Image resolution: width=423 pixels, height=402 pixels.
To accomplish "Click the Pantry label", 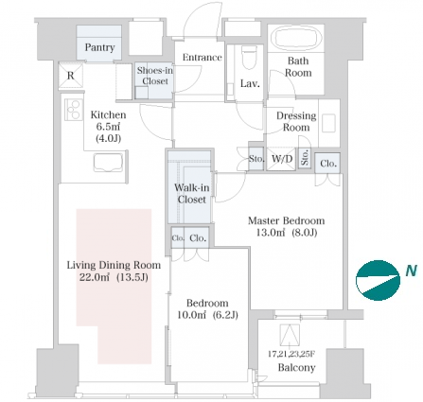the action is click(x=99, y=47).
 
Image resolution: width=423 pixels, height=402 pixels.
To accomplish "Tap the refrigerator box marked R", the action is click(x=71, y=75).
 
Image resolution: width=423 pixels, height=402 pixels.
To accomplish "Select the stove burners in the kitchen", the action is click(x=74, y=110).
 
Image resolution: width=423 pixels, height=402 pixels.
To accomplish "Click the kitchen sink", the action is click(x=108, y=162).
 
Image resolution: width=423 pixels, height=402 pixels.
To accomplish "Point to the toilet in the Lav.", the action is click(x=249, y=58).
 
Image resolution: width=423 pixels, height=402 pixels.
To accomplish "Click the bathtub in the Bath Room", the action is click(x=296, y=39).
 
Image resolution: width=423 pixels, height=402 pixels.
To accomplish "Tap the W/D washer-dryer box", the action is click(x=281, y=159).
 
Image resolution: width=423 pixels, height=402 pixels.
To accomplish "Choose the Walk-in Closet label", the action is click(x=192, y=193).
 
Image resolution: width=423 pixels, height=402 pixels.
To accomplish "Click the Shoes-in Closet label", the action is click(x=155, y=76).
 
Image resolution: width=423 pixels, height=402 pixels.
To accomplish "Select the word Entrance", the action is click(x=203, y=58).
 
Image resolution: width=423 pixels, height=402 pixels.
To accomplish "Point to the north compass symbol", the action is click(x=378, y=280).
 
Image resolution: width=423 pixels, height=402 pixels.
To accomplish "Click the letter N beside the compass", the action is click(x=411, y=271).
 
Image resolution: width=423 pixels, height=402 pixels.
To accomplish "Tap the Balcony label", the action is click(x=296, y=368).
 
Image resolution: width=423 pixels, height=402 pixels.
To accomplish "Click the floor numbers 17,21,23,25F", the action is click(x=291, y=354).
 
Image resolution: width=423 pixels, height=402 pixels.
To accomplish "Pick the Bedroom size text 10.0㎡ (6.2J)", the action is click(x=207, y=315).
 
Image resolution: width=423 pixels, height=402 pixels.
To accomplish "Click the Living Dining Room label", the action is click(x=114, y=265).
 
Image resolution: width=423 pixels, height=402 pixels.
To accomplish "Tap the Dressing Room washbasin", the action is click(x=328, y=123).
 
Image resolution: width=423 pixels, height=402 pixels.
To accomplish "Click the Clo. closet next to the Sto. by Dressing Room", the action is click(x=328, y=164).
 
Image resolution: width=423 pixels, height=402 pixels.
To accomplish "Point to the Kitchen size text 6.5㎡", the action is click(x=108, y=127).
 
